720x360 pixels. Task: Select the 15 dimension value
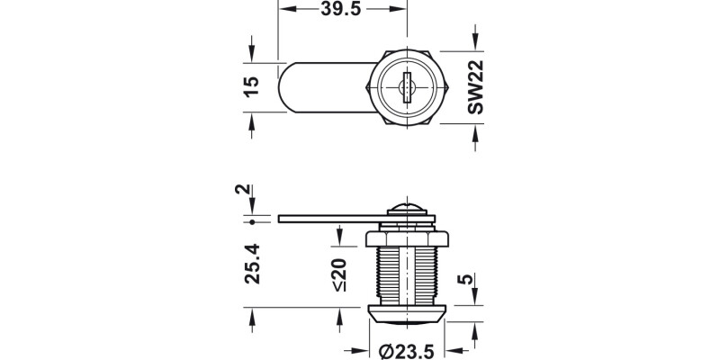(252, 85)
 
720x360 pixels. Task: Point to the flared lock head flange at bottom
(408, 314)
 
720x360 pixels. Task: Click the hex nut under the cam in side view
(408, 238)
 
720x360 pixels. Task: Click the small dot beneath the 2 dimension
(253, 220)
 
